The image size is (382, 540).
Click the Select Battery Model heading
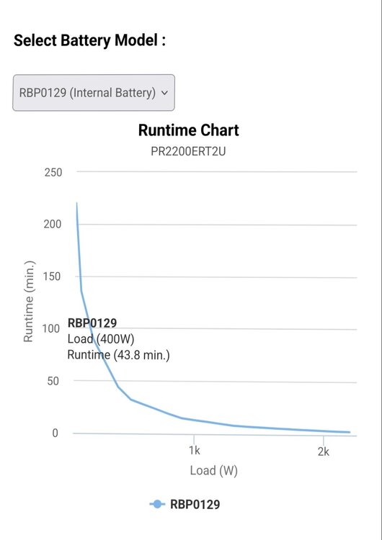[89, 40]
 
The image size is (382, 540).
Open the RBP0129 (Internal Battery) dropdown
[94, 93]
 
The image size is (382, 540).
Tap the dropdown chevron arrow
[165, 93]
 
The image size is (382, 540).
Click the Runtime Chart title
[189, 130]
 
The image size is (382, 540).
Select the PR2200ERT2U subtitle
[188, 151]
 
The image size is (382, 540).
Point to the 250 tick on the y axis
[53, 172]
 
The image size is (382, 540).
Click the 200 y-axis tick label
[53, 224]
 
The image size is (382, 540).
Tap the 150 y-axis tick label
[52, 276]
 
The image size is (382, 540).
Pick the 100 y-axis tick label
[51, 328]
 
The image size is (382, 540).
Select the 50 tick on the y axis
[53, 381]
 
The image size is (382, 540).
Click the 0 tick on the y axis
[55, 433]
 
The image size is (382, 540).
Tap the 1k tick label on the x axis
[195, 451]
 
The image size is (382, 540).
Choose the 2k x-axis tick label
[324, 451]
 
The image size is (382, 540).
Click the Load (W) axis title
[214, 470]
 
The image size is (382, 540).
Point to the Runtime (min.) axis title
[29, 302]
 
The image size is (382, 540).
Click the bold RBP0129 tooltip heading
[92, 323]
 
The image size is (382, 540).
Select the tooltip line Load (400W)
[101, 339]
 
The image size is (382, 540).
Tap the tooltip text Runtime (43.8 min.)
[119, 355]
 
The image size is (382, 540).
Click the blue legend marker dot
[157, 505]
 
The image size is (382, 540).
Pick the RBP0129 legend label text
[195, 505]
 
